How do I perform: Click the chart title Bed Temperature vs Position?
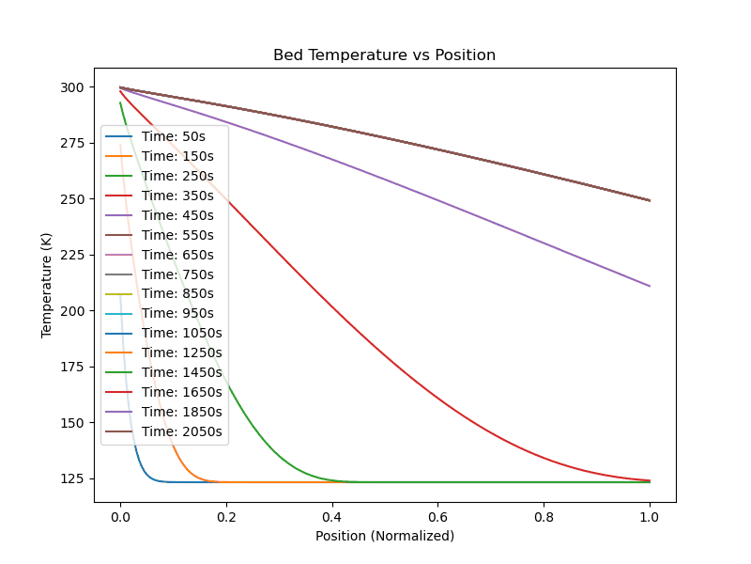[x=384, y=55]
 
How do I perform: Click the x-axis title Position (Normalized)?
[x=384, y=536]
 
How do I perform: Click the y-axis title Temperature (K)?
[x=46, y=285]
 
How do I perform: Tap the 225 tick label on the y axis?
[x=71, y=255]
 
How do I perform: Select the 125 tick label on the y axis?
[x=71, y=478]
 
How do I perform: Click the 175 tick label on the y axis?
[x=71, y=367]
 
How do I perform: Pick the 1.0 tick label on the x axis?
[x=650, y=516]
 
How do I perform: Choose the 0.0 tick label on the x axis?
[x=119, y=516]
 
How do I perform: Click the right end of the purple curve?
[x=650, y=286]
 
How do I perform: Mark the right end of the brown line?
[x=650, y=200]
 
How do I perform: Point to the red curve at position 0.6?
[x=437, y=402]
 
